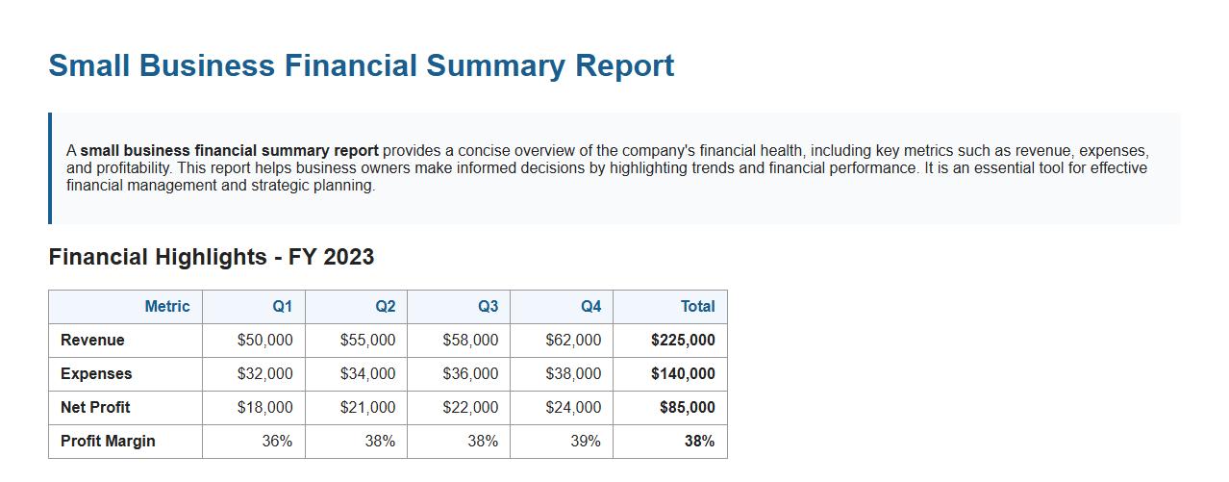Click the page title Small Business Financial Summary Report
(361, 65)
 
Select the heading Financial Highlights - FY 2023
(211, 257)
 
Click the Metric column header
(166, 307)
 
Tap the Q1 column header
(282, 307)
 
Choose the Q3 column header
(488, 307)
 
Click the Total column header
(697, 307)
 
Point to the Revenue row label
(92, 341)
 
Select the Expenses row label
(96, 374)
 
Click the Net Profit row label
(95, 408)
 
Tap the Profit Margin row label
(108, 442)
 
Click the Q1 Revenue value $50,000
(264, 341)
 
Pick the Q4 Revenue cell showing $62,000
(573, 341)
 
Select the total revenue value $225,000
(683, 341)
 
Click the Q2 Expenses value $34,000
(367, 374)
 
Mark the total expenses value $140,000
(683, 374)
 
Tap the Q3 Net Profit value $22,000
(470, 408)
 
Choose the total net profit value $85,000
(687, 408)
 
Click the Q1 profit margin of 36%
(277, 442)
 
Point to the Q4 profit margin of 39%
(585, 442)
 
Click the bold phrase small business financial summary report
(229, 151)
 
